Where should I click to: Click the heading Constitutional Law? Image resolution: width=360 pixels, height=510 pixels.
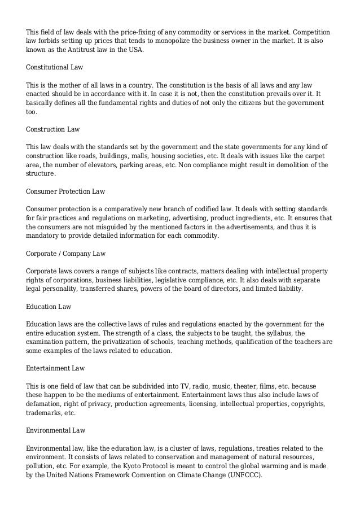click(x=55, y=67)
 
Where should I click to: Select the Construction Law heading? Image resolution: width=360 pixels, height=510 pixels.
click(x=53, y=129)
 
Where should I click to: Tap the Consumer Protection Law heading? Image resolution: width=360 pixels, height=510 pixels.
click(x=66, y=191)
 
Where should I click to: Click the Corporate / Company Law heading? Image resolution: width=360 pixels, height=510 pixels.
click(x=66, y=254)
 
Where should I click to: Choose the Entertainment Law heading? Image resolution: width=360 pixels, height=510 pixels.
click(x=55, y=368)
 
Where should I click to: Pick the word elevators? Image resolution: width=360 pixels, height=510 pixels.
click(x=113, y=165)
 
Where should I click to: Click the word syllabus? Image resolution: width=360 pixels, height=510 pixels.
click(x=279, y=333)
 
